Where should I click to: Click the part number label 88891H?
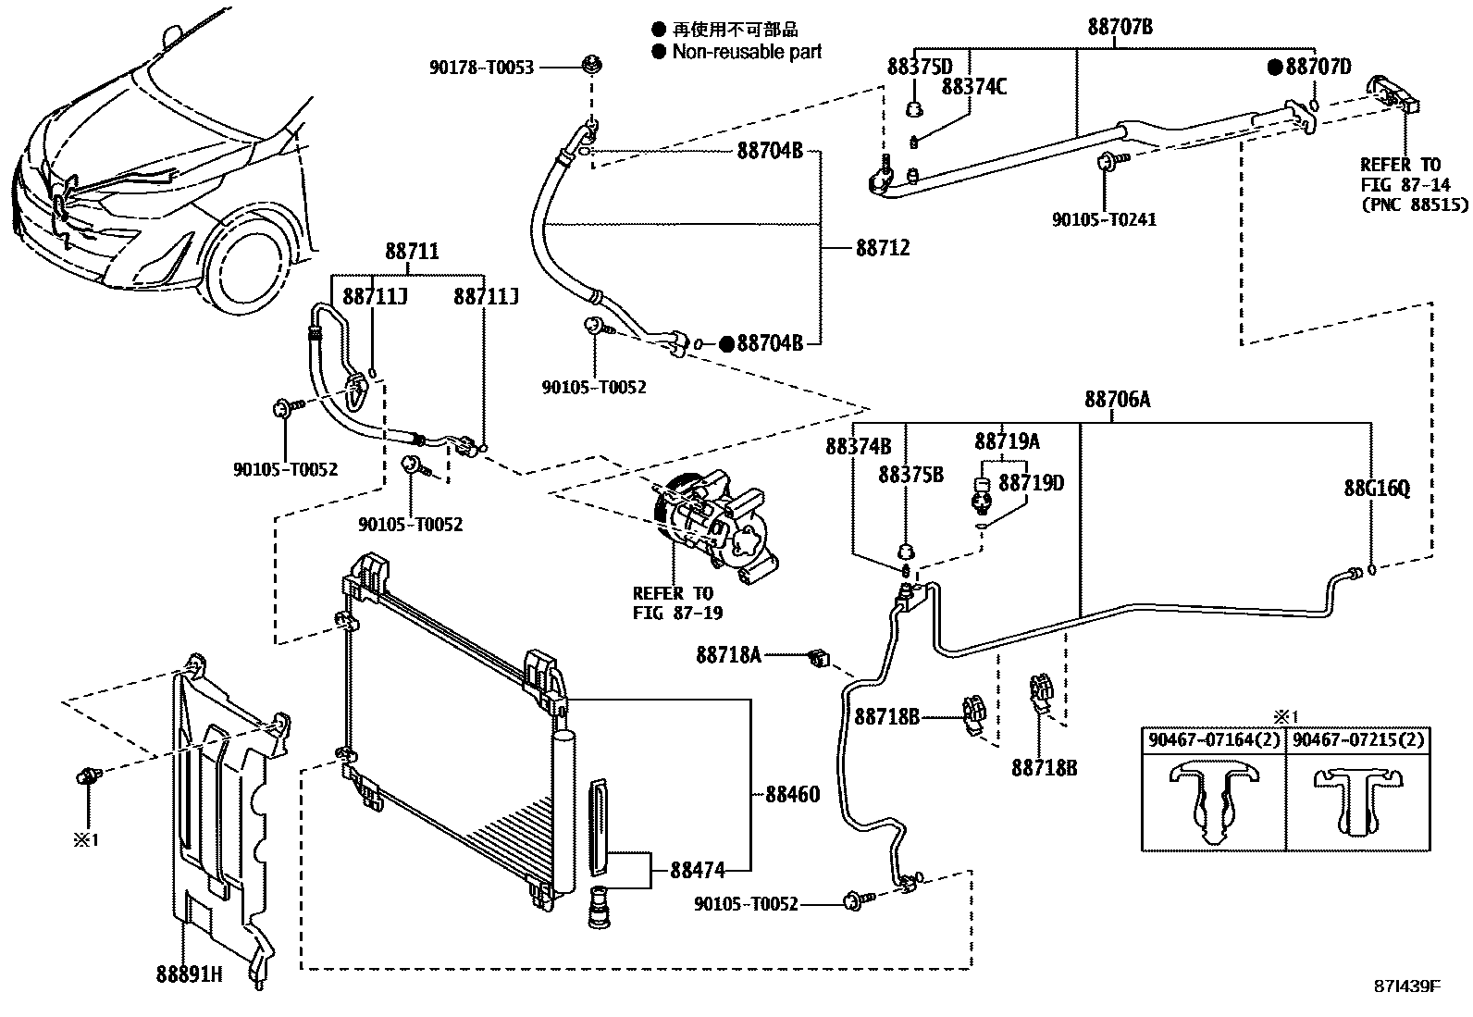pos(189,974)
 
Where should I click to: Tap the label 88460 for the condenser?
pos(792,795)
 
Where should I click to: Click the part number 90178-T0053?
pos(481,67)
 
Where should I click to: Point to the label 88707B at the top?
pos(1120,28)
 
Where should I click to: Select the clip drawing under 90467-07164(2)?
pos(1213,801)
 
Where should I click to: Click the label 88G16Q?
pos(1377,488)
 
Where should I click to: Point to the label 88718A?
pos(728,655)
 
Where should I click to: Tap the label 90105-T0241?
pos(1104,220)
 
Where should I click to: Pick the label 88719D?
pos(1032,482)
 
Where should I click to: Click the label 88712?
pos(883,248)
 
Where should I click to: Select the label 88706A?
pos(1118,400)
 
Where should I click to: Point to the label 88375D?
pos(919,68)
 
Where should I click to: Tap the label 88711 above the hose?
pos(412,252)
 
